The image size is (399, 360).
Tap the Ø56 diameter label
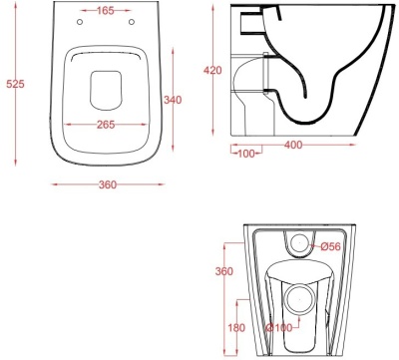(330, 246)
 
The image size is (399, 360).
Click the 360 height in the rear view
(224, 271)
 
